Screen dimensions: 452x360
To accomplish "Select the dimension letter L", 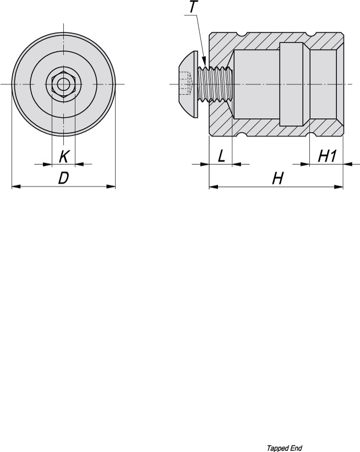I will (x=221, y=156).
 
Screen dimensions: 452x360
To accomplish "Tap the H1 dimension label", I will (x=327, y=156).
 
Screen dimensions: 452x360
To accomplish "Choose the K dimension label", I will (x=64, y=157).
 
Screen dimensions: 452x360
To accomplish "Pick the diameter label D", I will (x=64, y=179).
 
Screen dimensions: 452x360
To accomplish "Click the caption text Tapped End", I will (x=284, y=448).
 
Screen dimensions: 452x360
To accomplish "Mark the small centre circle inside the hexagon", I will (x=64, y=84).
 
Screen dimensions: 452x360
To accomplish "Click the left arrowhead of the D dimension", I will (x=15, y=186).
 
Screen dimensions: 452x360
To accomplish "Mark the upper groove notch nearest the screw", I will (x=242, y=35).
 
